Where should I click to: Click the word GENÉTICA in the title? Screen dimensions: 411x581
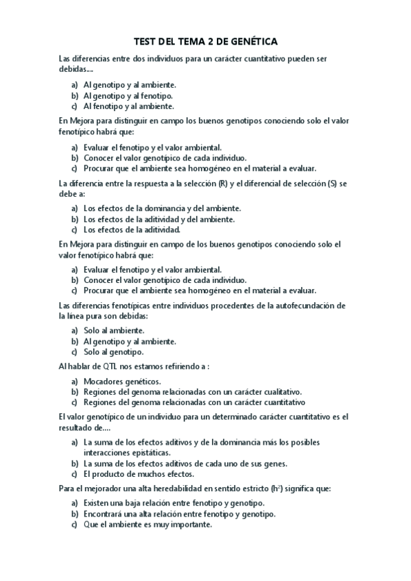pos(249,42)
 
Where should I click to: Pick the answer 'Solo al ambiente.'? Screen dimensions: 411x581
pos(114,330)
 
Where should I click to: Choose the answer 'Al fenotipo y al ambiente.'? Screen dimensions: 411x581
pos(128,106)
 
